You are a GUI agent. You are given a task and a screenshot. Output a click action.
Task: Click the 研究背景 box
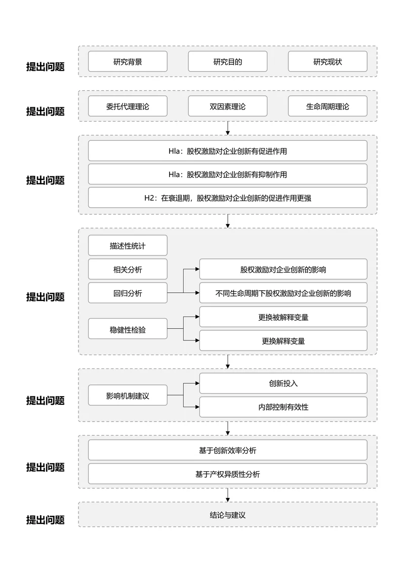click(x=128, y=62)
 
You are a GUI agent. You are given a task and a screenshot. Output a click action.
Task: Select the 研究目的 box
click(x=227, y=62)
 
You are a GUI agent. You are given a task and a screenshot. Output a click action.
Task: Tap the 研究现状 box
click(x=328, y=62)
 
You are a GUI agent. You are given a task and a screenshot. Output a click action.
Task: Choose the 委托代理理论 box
click(x=128, y=106)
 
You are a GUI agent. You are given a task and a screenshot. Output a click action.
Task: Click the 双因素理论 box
click(x=227, y=106)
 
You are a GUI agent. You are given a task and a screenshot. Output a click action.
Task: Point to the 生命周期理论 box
click(x=328, y=106)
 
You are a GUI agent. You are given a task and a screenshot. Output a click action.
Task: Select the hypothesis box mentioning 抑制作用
click(x=227, y=174)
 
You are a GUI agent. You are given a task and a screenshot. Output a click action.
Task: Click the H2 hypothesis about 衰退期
click(x=227, y=198)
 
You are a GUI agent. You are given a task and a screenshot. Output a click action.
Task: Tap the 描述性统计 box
click(x=128, y=246)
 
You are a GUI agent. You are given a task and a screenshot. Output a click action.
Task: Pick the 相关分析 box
click(x=128, y=270)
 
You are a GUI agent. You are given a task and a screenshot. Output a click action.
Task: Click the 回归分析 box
click(x=128, y=293)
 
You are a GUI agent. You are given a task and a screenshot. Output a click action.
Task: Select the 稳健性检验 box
click(x=128, y=329)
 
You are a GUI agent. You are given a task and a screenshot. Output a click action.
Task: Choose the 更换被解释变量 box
click(x=283, y=317)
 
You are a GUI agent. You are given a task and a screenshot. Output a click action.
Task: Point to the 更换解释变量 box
click(x=283, y=341)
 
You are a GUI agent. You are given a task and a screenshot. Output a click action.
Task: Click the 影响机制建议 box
click(x=128, y=395)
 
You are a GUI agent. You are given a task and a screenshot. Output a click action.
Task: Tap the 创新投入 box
click(x=283, y=384)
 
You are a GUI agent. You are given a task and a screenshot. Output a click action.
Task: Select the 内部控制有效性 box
click(x=283, y=407)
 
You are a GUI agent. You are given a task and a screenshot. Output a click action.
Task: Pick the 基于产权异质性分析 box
click(x=227, y=474)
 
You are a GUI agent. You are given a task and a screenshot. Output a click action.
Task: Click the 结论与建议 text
click(x=227, y=515)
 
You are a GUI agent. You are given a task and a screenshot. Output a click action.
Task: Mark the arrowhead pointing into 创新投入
click(x=197, y=384)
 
